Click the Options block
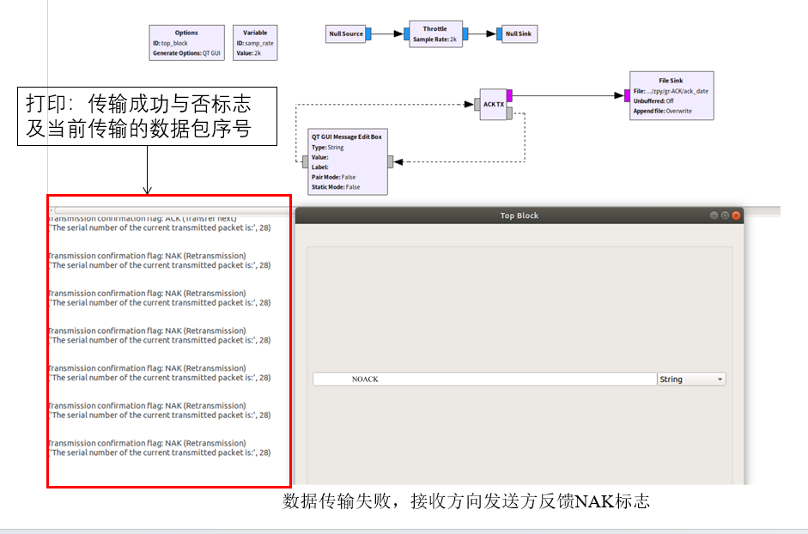tap(186, 43)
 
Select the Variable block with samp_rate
tap(255, 43)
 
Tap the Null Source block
tap(346, 34)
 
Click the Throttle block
tap(434, 33)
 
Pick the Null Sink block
tap(518, 34)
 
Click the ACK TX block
tap(493, 104)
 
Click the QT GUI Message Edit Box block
tap(347, 161)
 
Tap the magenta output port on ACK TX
tap(509, 95)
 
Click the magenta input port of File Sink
tap(628, 94)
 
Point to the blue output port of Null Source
tap(368, 34)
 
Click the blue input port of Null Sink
tap(499, 34)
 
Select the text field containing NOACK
tap(484, 379)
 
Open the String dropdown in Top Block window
tap(691, 379)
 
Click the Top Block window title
tap(519, 215)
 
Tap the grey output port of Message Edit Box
tap(391, 161)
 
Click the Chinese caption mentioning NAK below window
tap(466, 501)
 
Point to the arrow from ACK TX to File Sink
tap(567, 95)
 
